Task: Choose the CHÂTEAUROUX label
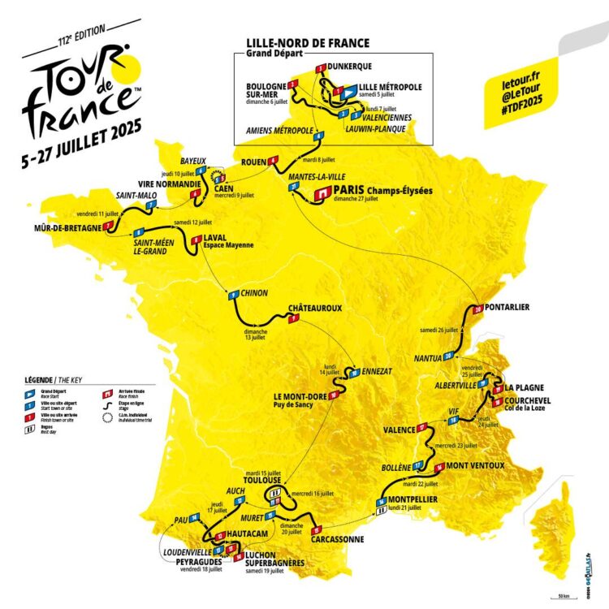click(x=314, y=309)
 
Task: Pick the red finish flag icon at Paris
click(x=322, y=193)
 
